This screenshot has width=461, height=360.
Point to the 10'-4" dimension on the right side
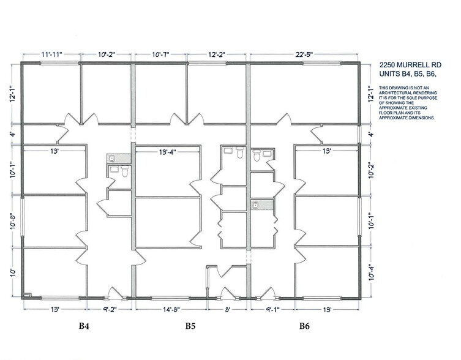[369, 270]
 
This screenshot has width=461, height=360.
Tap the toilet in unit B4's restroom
[123, 173]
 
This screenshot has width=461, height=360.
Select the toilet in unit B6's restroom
[256, 157]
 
